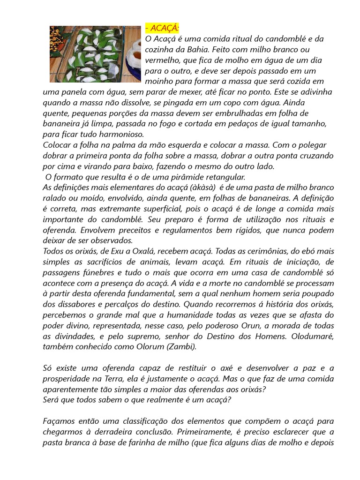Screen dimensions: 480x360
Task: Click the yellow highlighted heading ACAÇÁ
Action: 162,28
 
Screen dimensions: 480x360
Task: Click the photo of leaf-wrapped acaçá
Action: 95,54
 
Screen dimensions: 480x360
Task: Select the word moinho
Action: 160,81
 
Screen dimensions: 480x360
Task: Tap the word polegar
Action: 311,145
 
